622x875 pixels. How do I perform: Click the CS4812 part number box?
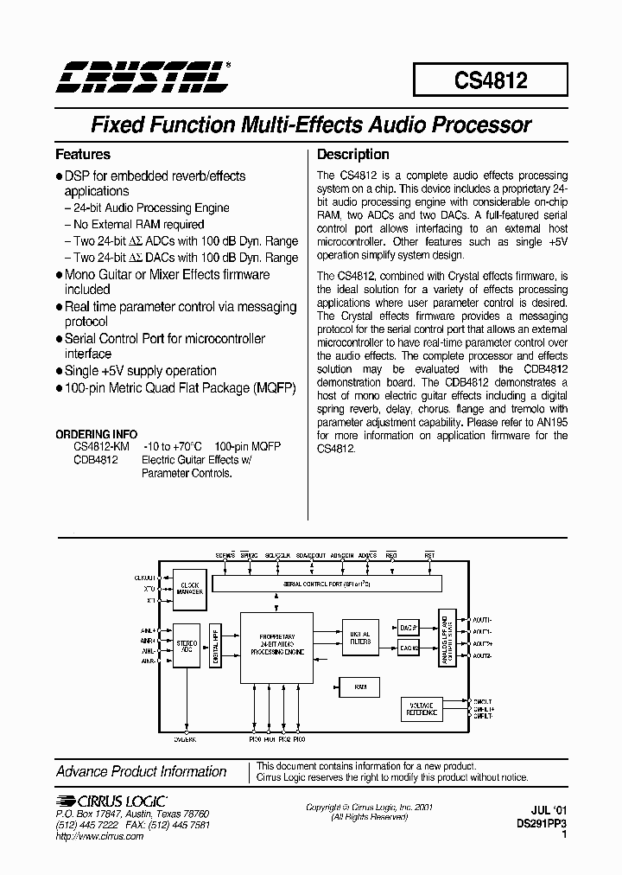pos(491,80)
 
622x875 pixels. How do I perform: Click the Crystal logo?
pos(143,76)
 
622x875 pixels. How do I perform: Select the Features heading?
pos(83,155)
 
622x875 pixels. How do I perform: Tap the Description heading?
pos(353,155)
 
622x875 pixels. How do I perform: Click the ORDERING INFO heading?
pos(95,434)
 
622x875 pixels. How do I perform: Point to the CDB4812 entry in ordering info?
pos(95,460)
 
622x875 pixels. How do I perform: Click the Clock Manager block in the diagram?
pos(190,587)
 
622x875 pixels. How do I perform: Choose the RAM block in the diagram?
pos(360,687)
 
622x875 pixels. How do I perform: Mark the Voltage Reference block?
pos(422,710)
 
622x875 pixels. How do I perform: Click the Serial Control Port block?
pos(327,585)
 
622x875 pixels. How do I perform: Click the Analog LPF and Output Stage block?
pos(447,641)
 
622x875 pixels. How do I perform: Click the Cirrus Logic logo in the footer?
pos(111,801)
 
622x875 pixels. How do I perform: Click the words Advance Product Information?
pos(142,771)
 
